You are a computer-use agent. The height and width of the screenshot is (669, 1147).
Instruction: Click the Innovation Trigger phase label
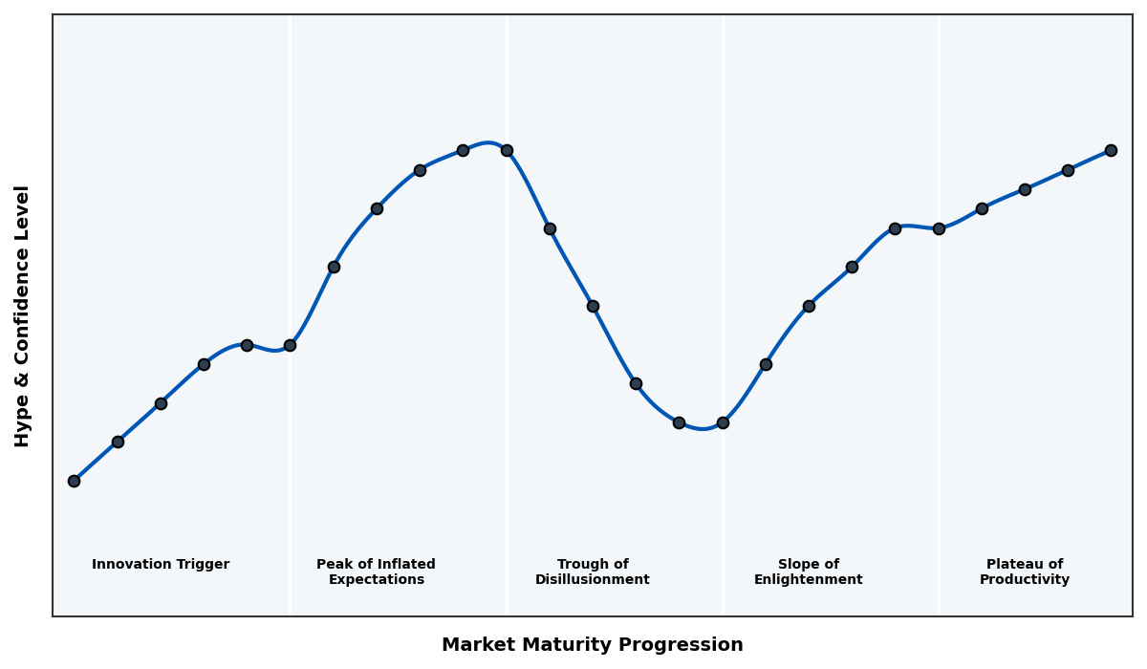(161, 565)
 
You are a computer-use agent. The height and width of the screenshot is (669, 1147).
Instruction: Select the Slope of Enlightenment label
(808, 572)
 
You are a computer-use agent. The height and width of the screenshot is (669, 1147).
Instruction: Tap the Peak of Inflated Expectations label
(376, 572)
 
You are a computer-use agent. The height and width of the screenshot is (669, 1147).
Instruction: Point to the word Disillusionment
(592, 580)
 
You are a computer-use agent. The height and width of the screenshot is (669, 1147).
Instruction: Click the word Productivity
(1024, 580)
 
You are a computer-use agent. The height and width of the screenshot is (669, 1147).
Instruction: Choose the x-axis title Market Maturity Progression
(592, 645)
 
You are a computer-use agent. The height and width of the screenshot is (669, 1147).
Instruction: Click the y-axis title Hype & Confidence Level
(23, 315)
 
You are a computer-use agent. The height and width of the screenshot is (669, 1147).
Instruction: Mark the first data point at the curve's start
(74, 481)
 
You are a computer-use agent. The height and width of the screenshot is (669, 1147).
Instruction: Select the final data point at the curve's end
(1111, 150)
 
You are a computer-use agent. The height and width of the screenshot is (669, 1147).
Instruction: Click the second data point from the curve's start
(118, 442)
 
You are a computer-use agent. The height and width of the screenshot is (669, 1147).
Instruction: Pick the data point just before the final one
(1068, 170)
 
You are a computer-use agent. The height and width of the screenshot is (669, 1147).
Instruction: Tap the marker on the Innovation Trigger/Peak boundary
(290, 345)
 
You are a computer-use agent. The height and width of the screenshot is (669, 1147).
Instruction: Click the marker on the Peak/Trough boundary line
(507, 150)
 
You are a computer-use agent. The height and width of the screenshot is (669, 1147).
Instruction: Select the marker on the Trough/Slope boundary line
(723, 422)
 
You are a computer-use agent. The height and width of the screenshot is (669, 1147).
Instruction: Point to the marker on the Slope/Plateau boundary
(939, 228)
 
